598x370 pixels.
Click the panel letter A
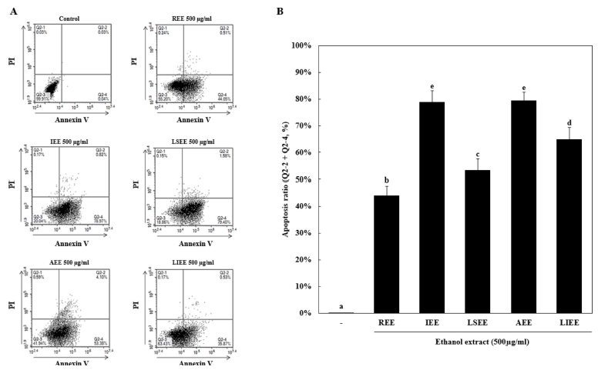(12, 9)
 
